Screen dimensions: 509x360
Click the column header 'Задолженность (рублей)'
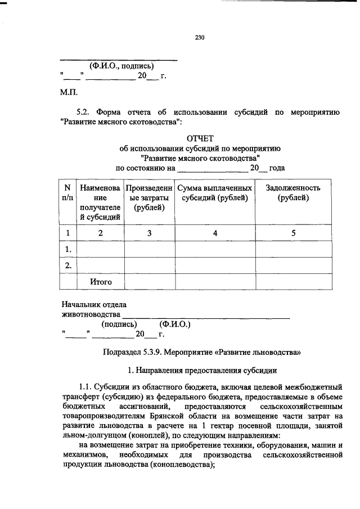click(x=292, y=192)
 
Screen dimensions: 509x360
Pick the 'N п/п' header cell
click(x=67, y=192)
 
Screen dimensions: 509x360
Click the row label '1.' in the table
click(x=67, y=249)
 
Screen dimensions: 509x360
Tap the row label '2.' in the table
click(x=67, y=265)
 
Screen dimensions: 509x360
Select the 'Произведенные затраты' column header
click(x=150, y=197)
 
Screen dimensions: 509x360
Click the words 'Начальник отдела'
click(x=93, y=304)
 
